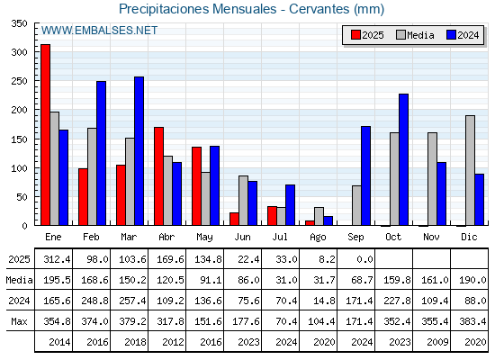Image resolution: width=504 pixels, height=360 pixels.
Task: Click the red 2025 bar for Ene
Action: tap(46, 135)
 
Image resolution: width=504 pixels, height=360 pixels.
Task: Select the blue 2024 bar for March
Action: tap(139, 151)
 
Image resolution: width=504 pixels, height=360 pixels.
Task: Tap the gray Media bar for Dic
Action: tap(470, 170)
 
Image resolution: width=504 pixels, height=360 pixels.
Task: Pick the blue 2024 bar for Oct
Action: tap(404, 159)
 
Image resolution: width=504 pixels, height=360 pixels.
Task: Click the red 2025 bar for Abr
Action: tap(158, 176)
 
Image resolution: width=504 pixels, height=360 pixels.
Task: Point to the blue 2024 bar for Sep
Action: tap(365, 175)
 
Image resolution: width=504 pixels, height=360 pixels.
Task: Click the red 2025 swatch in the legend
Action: tap(355, 35)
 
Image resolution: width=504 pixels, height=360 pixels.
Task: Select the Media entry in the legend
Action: tap(415, 35)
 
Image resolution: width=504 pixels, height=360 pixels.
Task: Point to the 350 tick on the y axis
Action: tap(19, 23)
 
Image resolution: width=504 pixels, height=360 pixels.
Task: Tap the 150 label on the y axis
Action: tap(19, 139)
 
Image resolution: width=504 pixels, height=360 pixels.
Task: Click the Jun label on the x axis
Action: tap(242, 237)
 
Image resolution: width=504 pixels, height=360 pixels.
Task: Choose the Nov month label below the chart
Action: tap(431, 237)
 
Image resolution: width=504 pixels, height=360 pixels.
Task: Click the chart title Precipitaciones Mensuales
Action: tap(198, 9)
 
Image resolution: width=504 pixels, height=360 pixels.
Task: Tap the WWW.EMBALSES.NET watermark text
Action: tap(99, 31)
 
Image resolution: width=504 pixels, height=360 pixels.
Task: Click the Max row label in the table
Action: tap(19, 321)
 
